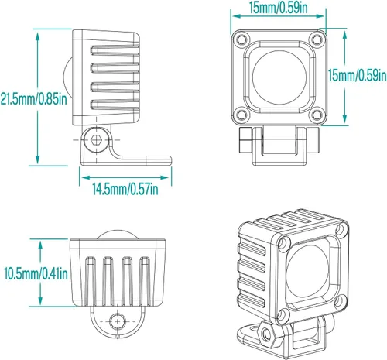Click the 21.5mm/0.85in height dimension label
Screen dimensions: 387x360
(x=33, y=98)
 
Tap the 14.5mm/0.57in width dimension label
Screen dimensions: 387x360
(x=125, y=189)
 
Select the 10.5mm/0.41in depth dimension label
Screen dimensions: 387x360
(x=36, y=273)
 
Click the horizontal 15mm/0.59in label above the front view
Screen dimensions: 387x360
(x=279, y=8)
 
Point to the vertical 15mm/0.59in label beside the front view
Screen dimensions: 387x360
(x=358, y=75)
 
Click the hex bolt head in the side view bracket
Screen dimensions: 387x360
(x=96, y=139)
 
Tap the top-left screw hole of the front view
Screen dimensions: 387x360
(x=241, y=39)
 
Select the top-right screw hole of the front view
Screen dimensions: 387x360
(x=317, y=39)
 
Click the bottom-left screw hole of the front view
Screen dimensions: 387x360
(x=241, y=115)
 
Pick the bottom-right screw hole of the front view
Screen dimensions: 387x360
(x=317, y=115)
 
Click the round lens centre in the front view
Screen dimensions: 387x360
(x=279, y=77)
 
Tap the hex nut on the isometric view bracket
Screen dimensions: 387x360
(x=265, y=334)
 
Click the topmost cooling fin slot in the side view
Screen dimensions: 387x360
(x=115, y=50)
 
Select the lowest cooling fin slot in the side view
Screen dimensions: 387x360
(x=115, y=105)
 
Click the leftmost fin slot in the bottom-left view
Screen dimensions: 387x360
(x=91, y=280)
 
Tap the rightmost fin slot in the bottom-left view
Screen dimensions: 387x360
(x=145, y=280)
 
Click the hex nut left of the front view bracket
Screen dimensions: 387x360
(x=245, y=139)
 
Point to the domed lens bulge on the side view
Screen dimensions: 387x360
(x=68, y=77)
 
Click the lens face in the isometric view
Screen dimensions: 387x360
(x=307, y=271)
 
